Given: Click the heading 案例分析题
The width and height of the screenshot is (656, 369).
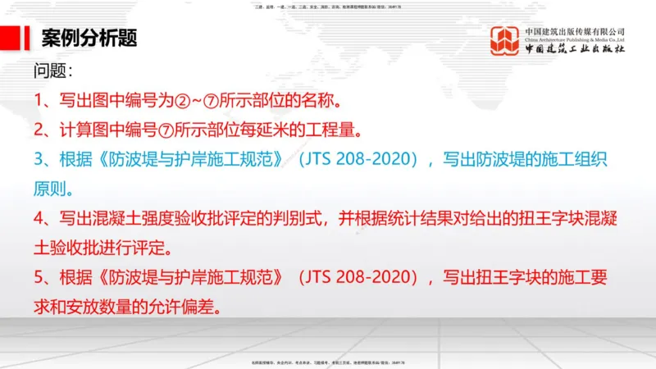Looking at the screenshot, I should [x=89, y=38].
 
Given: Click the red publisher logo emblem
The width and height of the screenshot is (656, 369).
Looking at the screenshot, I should [x=504, y=41].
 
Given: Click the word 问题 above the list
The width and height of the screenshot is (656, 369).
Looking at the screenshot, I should [x=52, y=71].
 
